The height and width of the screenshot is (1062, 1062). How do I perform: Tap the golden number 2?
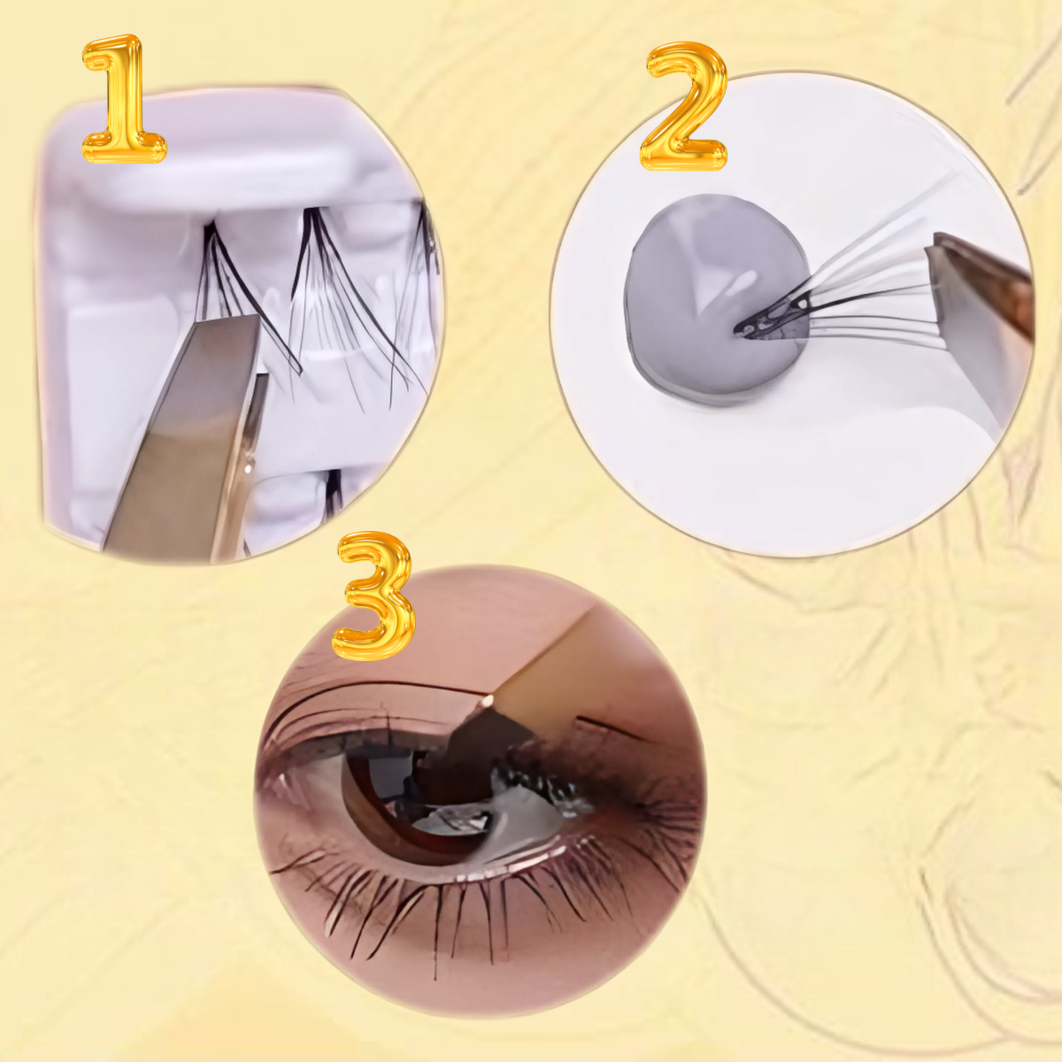(683, 106)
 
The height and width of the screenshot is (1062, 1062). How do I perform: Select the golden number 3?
(373, 596)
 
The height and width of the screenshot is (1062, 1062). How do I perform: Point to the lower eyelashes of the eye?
(468, 904)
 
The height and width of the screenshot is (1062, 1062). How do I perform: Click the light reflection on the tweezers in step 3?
(487, 700)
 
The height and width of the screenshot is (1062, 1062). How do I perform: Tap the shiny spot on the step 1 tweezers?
(249, 466)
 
